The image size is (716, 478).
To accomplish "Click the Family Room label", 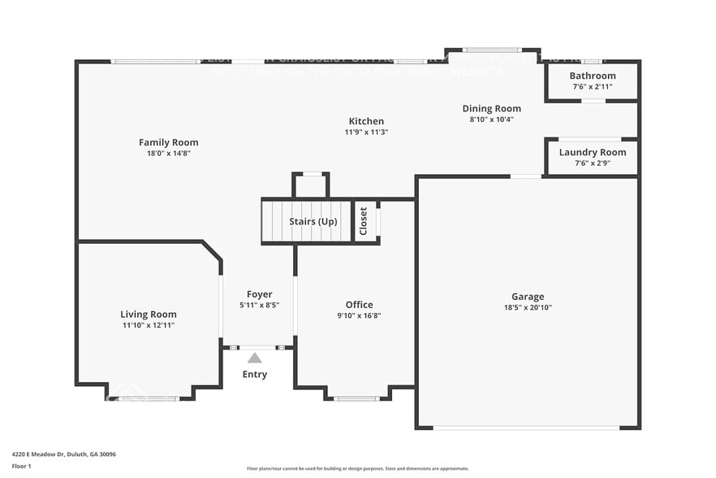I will tap(168, 142).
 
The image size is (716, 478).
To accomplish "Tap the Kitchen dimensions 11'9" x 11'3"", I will tap(366, 132).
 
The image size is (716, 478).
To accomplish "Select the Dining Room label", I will tap(491, 108).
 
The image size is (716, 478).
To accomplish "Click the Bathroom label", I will tap(592, 76).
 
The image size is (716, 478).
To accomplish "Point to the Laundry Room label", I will tap(592, 152).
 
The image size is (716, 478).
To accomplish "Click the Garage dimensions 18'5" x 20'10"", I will tap(527, 307).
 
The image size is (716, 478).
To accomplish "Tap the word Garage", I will tap(527, 297).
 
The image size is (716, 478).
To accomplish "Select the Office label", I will tap(359, 305).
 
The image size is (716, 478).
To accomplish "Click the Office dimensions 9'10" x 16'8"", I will tap(359, 315).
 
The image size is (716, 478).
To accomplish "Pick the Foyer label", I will tap(259, 294).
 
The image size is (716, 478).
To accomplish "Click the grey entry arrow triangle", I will tap(255, 358).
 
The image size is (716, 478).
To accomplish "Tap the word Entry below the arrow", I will tap(255, 375).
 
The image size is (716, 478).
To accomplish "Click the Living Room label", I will tap(149, 315).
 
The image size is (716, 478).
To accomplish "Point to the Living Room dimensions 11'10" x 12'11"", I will tap(149, 325).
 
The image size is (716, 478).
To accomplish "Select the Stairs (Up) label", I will tap(313, 221).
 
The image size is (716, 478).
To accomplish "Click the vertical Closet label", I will tap(364, 221).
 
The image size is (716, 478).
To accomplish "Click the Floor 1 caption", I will tap(22, 466).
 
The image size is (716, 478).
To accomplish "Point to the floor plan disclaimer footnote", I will tap(357, 468).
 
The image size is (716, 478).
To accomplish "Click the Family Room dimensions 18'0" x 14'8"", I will tap(168, 153).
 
